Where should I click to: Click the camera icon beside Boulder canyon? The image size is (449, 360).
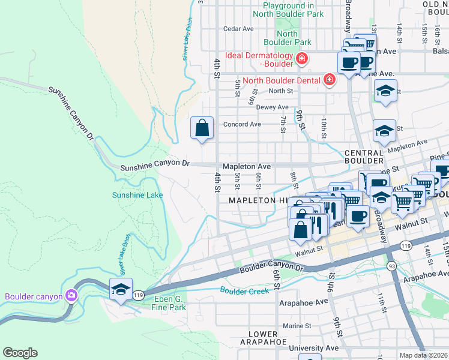click(71, 295)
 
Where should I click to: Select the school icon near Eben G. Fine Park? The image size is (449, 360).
click(121, 289)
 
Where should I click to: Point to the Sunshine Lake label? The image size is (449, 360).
click(137, 195)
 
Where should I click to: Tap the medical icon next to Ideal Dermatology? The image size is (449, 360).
click(301, 59)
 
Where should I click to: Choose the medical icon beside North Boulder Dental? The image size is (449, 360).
click(329, 79)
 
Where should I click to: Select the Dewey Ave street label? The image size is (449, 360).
click(273, 107)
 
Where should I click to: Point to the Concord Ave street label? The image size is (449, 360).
click(242, 124)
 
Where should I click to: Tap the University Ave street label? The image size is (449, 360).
click(313, 348)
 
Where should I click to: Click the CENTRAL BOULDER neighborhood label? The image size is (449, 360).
click(364, 157)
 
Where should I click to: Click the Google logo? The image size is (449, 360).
click(20, 353)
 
